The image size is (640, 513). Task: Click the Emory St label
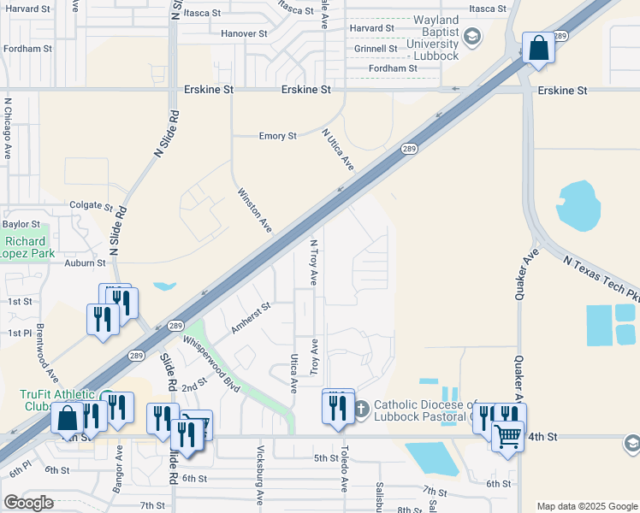coord(277,136)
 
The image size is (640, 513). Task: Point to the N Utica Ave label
coord(338,149)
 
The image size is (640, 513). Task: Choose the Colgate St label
coord(91,206)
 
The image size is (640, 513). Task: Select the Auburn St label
coord(85,264)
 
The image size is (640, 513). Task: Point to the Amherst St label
coord(251,317)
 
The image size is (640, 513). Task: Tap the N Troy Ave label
coord(313,262)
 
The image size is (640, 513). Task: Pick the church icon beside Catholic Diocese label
coord(361,410)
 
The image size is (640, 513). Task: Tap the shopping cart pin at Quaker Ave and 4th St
coord(508,439)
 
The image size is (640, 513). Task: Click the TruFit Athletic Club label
coord(48,400)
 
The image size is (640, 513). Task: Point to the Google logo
coord(28,503)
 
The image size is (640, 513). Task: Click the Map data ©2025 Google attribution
coord(586,506)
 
